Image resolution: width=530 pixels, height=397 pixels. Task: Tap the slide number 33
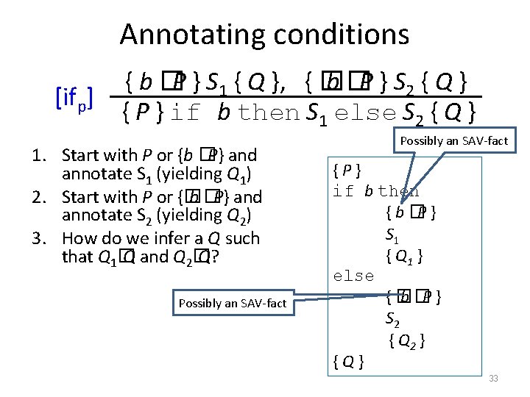tap(493, 378)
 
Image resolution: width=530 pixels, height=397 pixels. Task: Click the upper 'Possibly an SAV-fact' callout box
tap(453, 140)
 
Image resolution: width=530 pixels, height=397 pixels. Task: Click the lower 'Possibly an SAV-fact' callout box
tap(232, 303)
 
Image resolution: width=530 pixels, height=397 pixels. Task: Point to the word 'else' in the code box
tap(353, 276)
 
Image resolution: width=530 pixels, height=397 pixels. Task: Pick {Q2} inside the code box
tap(406, 340)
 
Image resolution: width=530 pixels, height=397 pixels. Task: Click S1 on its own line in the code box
tap(392, 235)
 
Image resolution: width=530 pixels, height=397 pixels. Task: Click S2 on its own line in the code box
tap(394, 319)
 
